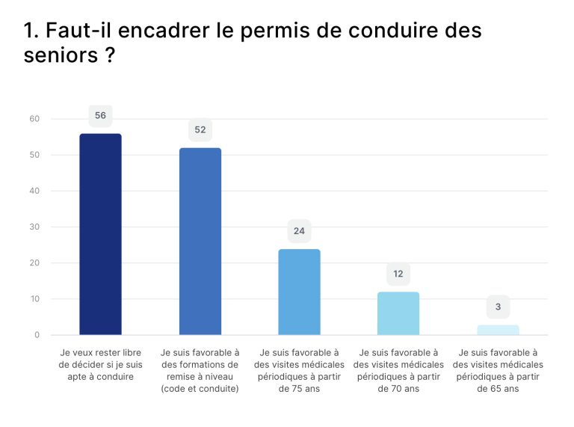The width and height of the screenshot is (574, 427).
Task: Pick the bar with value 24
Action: (x=299, y=292)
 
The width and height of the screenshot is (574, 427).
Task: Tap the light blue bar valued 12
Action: (x=398, y=313)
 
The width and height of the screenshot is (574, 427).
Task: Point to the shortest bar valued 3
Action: (x=498, y=330)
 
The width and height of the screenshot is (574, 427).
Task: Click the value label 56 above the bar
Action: (x=100, y=115)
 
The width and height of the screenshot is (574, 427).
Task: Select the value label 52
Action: (x=200, y=129)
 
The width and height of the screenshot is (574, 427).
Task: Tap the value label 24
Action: (x=299, y=231)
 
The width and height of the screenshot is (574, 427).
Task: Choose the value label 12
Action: (x=398, y=274)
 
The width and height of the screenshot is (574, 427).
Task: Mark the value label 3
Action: (x=498, y=307)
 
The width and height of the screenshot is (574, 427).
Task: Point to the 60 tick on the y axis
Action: (x=34, y=119)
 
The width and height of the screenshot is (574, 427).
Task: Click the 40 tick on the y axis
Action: (x=34, y=191)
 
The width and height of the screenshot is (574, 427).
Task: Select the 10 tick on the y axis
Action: (x=34, y=299)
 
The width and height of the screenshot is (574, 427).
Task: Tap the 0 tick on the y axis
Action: (x=37, y=335)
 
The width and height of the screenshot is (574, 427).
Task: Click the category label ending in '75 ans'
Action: (x=299, y=370)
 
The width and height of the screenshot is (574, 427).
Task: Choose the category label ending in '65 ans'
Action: (x=498, y=370)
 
